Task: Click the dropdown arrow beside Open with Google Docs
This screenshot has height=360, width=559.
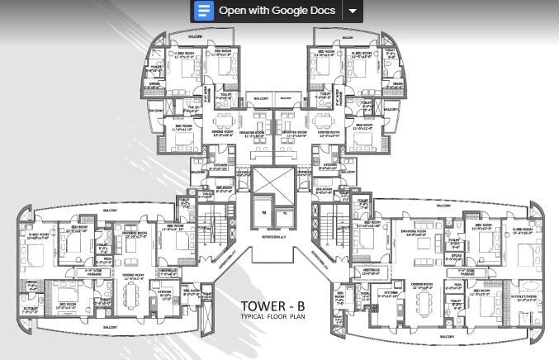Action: click(353, 11)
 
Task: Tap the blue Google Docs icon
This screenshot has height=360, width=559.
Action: click(203, 11)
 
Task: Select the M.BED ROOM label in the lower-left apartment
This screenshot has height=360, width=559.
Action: click(38, 235)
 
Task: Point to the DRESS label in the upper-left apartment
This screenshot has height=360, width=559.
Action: click(154, 84)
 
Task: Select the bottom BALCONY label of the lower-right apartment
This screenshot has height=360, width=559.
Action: click(448, 339)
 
